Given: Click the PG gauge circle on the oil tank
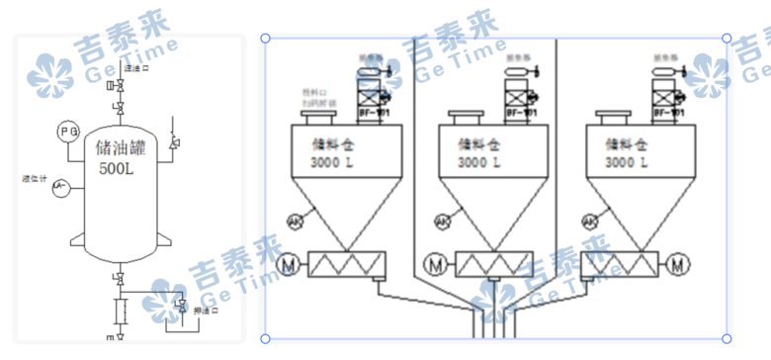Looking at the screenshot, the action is [68, 132].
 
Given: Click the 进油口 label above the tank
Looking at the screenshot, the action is [136, 68].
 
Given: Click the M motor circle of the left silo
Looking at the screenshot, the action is [290, 265].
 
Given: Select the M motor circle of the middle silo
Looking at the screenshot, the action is [436, 265].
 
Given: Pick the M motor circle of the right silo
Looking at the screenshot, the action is [677, 264].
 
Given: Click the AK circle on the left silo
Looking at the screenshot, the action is [295, 222].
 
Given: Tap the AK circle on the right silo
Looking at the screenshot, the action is [589, 222].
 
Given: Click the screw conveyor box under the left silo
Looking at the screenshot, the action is [347, 265].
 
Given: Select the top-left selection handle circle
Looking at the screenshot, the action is [265, 39].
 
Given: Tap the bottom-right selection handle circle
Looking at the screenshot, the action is [727, 338].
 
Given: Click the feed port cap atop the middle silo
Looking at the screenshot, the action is [466, 119].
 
